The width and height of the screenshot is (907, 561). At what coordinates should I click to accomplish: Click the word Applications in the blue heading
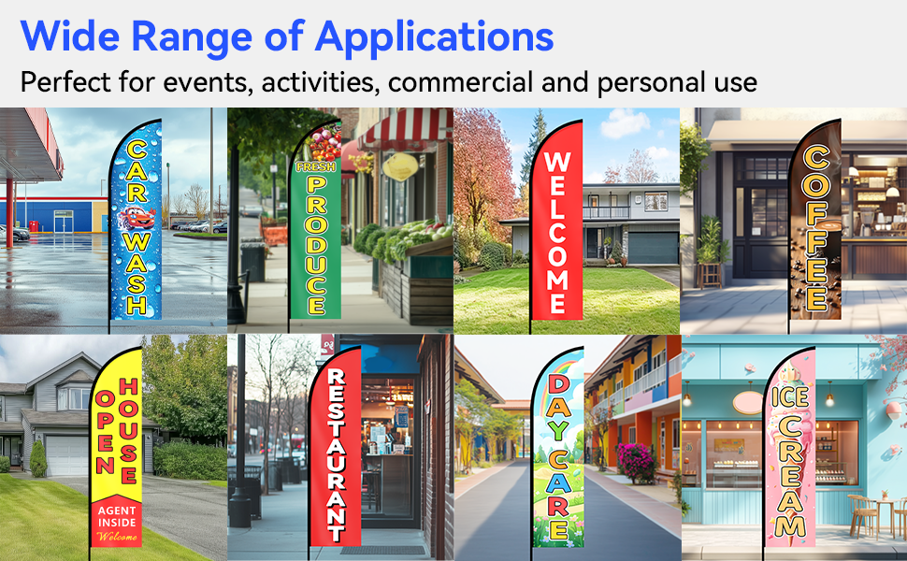[x=434, y=38]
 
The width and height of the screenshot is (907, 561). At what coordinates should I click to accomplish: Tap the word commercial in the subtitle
[x=460, y=82]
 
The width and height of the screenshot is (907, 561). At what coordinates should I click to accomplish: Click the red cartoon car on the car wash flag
[x=137, y=218]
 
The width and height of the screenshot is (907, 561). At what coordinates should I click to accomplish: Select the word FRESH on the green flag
[x=315, y=167]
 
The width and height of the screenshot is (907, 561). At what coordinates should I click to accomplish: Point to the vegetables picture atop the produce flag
[x=322, y=143]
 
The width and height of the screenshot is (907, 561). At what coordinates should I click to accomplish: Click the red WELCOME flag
[x=556, y=223]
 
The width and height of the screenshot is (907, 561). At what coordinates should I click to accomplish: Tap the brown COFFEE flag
[x=815, y=222]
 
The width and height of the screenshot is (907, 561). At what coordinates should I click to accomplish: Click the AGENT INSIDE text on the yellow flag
[x=117, y=516]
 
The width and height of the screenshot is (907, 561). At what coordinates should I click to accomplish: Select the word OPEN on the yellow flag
[x=106, y=432]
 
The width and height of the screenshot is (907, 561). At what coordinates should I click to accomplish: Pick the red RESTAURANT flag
[x=336, y=448]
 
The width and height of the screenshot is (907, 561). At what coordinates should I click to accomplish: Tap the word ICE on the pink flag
[x=790, y=396]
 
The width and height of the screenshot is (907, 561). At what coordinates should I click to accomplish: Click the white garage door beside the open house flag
[x=66, y=455]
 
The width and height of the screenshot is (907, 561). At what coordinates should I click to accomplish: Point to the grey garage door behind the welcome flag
[x=653, y=248]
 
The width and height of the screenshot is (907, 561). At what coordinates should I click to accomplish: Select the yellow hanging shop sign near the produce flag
[x=400, y=166]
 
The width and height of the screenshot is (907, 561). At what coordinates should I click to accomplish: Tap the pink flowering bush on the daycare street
[x=637, y=463]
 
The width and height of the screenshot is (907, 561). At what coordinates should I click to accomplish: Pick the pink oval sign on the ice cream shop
[x=748, y=403]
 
